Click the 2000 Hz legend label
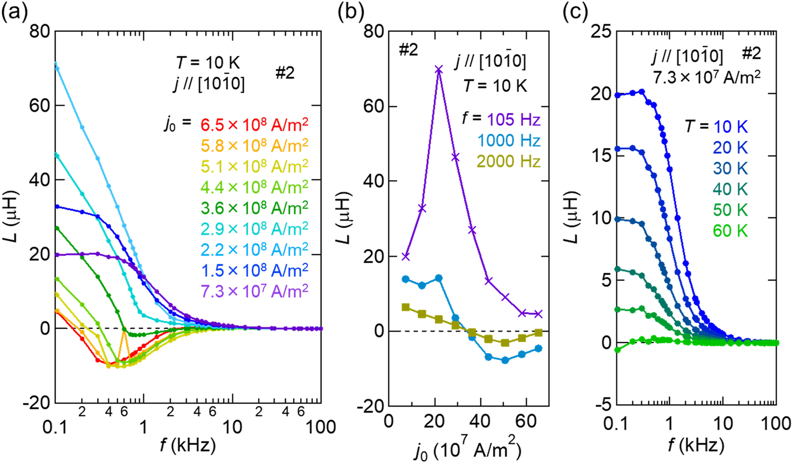point(509,161)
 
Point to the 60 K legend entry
point(730,231)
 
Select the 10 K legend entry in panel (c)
point(730,127)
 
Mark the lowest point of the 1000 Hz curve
point(505,360)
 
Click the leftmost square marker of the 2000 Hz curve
point(406,307)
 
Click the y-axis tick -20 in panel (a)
point(36,403)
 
